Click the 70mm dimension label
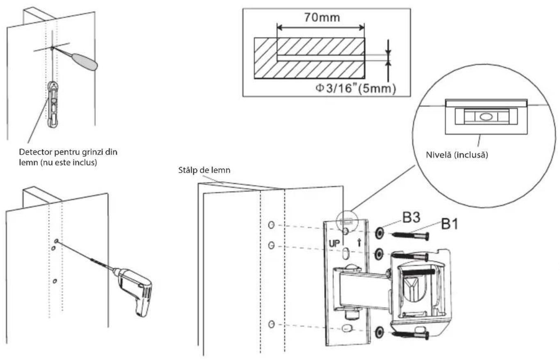pyautogui.click(x=322, y=18)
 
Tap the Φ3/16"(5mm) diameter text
pyautogui.click(x=356, y=89)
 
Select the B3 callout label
pyautogui.click(x=411, y=217)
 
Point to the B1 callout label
pyautogui.click(x=450, y=224)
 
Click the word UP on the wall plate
pyautogui.click(x=334, y=244)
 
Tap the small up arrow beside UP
pyautogui.click(x=359, y=243)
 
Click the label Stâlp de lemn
pyautogui.click(x=204, y=171)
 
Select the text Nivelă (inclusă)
pyautogui.click(x=457, y=155)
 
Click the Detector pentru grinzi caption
pyautogui.click(x=68, y=157)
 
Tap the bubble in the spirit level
pyautogui.click(x=486, y=117)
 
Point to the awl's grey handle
pyautogui.click(x=85, y=62)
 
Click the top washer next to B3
pyautogui.click(x=379, y=233)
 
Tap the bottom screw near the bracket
pyautogui.click(x=411, y=335)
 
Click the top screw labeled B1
pyautogui.click(x=411, y=236)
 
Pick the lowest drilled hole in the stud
pyautogui.click(x=271, y=324)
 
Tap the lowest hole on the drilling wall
pyautogui.click(x=55, y=281)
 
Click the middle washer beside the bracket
pyautogui.click(x=379, y=254)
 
